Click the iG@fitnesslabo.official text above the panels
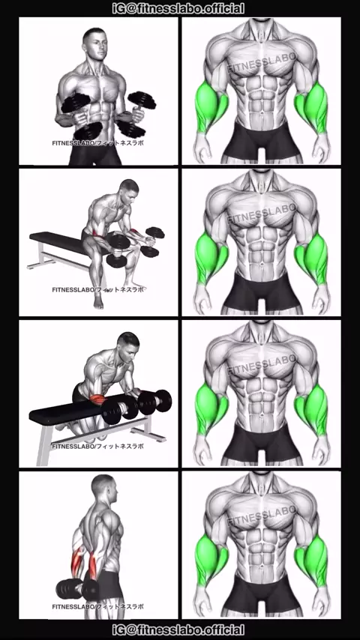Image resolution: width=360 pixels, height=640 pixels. coord(178,8)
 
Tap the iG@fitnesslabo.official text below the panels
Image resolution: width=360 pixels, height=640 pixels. coord(178,630)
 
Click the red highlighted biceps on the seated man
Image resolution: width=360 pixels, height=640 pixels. coord(97,233)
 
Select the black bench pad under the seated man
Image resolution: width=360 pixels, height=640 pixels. coord(58,242)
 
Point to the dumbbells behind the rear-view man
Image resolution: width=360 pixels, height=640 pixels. coord(77,589)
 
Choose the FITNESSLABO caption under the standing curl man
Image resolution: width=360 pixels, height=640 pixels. coord(98,143)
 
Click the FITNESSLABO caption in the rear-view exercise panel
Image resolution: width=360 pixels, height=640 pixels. coord(98,606)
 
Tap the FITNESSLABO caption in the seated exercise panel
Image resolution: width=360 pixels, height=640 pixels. coord(98,289)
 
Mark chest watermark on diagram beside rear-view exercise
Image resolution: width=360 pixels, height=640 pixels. coord(262,516)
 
